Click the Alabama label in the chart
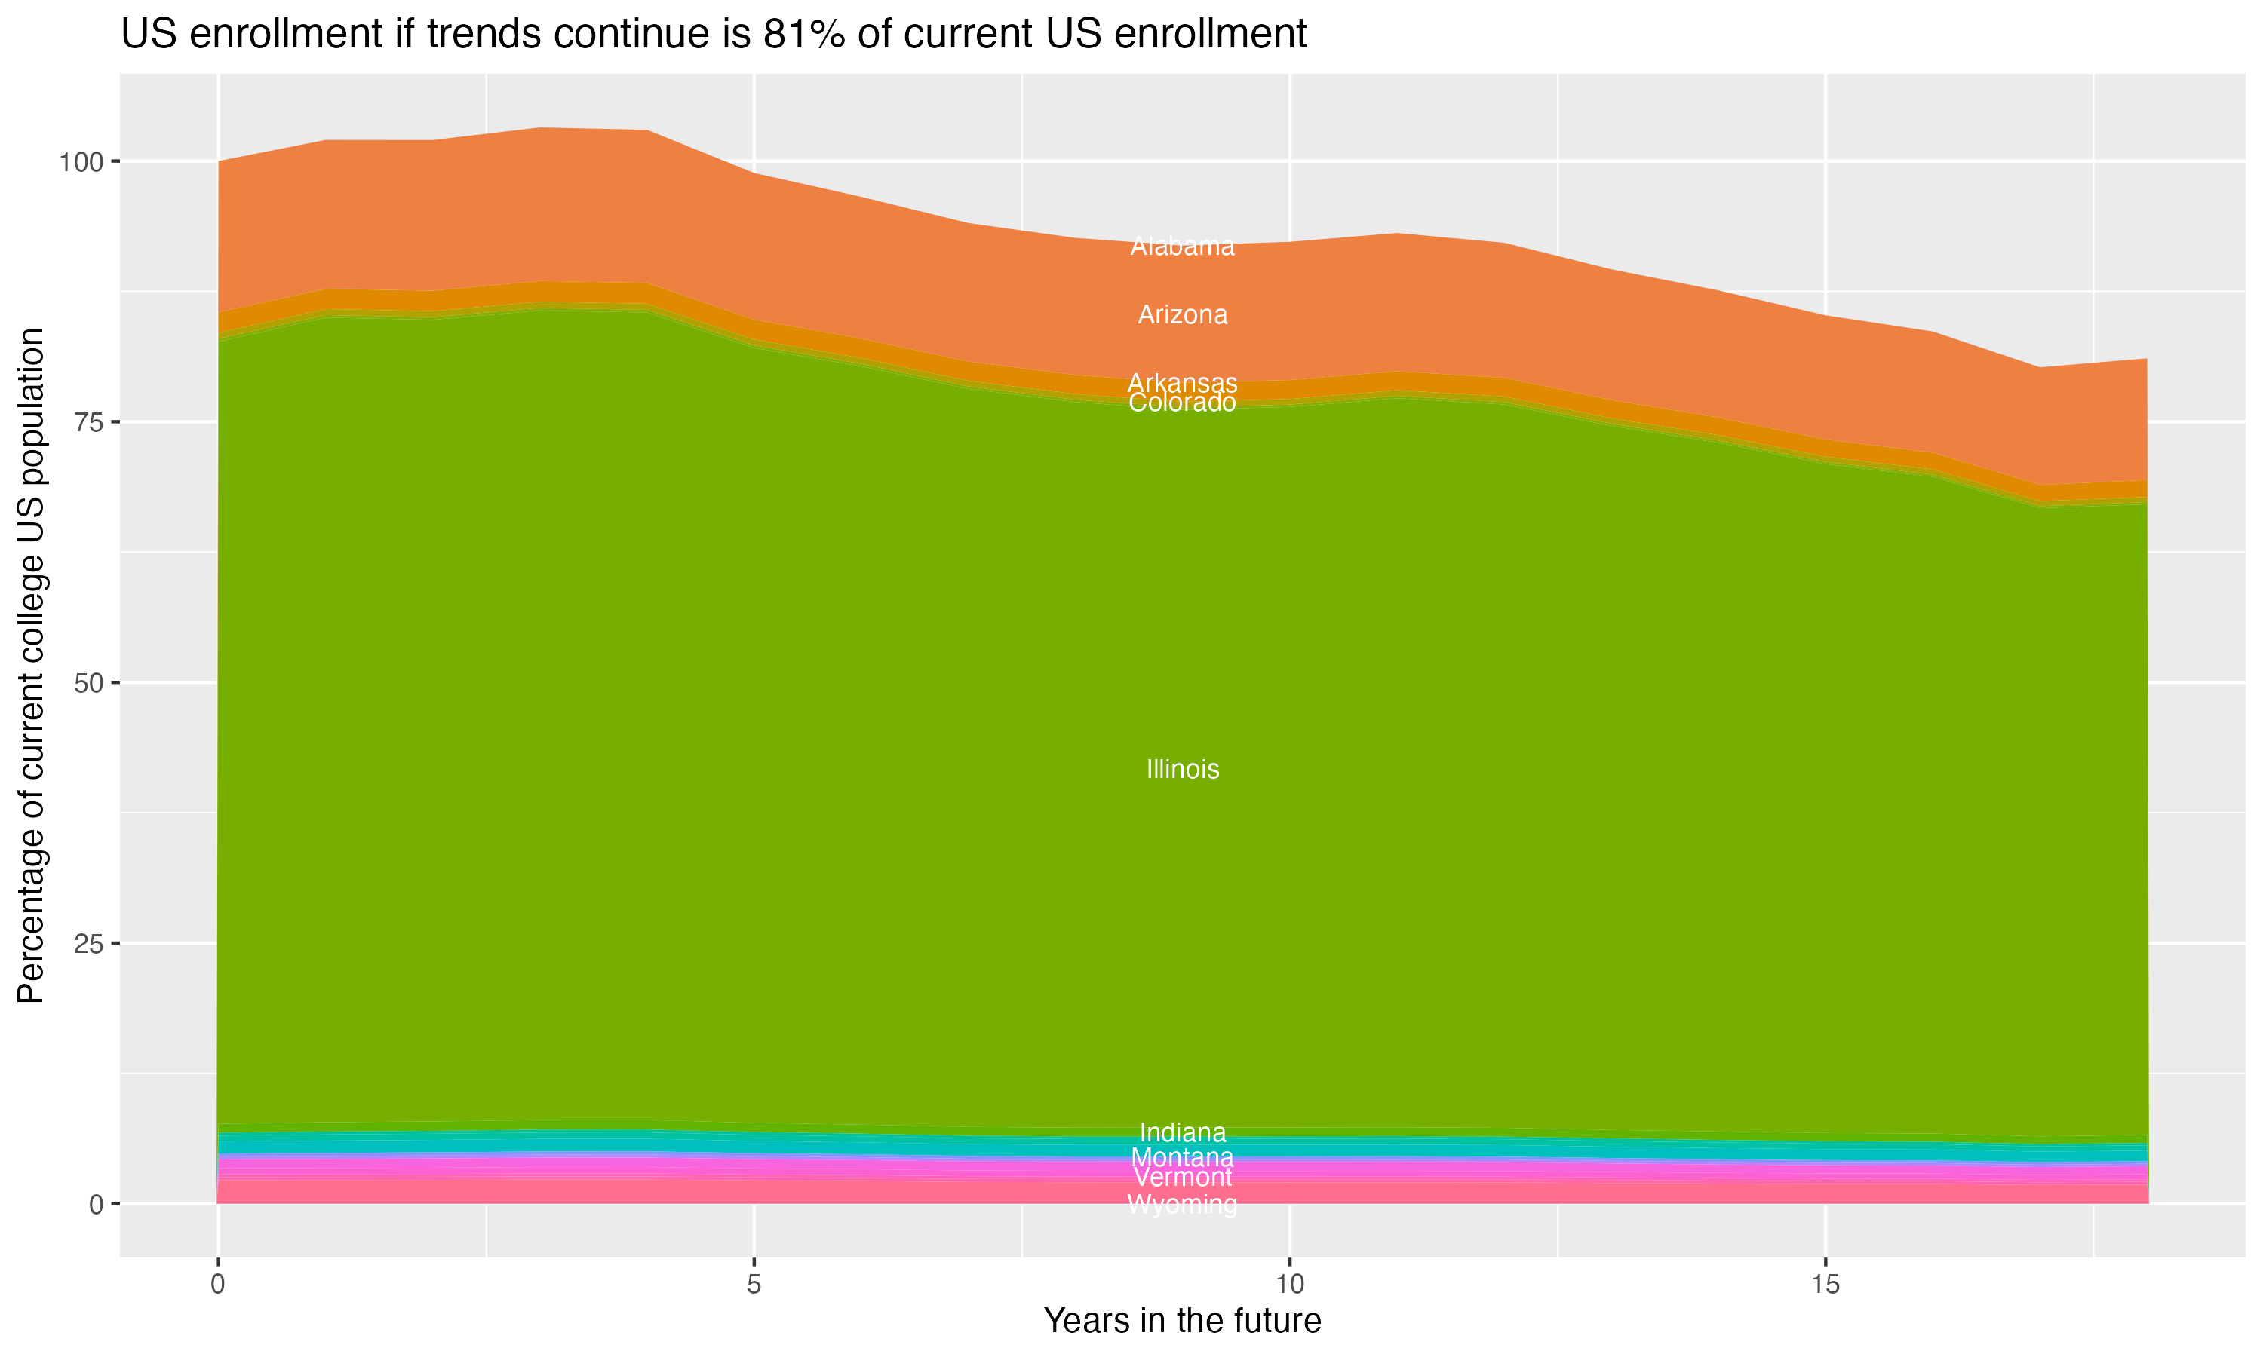tap(1182, 246)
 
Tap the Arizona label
tap(1182, 314)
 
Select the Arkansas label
tap(1182, 382)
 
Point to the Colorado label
tap(1182, 403)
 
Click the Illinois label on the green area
tap(1182, 769)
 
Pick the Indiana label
tap(1182, 1132)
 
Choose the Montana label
tap(1182, 1156)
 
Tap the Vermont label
tap(1182, 1177)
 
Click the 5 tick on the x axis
tap(754, 1285)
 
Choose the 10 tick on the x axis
tap(1289, 1285)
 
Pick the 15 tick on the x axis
tap(1825, 1285)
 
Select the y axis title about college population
tap(31, 666)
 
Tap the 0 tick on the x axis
tap(218, 1285)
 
